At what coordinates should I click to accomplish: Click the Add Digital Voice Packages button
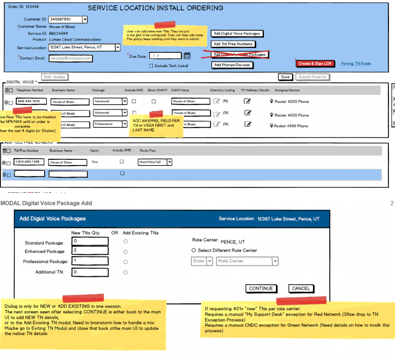pos(237,33)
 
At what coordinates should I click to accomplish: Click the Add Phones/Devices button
pos(232,65)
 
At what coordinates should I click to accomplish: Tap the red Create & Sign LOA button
pos(315,64)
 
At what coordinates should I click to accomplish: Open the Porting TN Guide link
pos(356,64)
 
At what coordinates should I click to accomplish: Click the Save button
pos(285,77)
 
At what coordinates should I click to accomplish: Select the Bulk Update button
pos(55,77)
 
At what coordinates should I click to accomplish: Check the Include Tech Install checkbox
pos(151,66)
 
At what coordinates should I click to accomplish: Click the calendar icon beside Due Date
pos(187,56)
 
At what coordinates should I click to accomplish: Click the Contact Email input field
pos(71,58)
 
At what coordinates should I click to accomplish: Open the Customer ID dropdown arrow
pos(85,19)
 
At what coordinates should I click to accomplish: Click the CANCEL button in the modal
pos(301,288)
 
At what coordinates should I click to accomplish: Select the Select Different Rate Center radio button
pos(194,251)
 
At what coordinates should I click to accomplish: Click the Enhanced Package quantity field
pos(90,251)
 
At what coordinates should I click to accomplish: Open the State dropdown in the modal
pos(202,261)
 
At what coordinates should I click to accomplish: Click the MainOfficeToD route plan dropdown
pos(155,162)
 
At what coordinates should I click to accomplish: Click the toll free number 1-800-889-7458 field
pos(29,162)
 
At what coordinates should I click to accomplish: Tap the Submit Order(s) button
pos(313,77)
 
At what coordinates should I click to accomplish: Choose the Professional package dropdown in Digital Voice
pos(110,124)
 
